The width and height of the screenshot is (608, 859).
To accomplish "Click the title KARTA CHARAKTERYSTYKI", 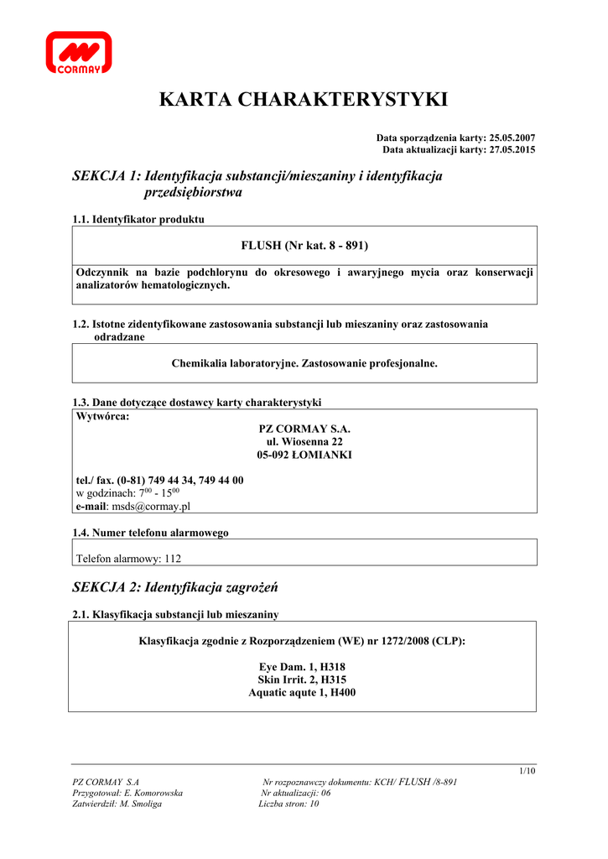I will pos(304,100).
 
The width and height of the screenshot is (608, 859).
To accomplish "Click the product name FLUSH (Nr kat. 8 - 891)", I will pos(304,245).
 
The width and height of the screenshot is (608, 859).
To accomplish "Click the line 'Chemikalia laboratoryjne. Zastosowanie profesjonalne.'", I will pos(304,363).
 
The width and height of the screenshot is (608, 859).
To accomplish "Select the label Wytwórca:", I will pos(102,416).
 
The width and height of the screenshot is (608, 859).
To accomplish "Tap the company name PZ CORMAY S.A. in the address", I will pos(304,428).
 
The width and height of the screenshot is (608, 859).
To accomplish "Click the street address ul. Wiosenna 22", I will pos(304,441).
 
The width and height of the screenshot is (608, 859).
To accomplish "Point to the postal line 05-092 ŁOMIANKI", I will pos(304,455).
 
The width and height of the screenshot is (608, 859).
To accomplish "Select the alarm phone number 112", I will pos(172,558).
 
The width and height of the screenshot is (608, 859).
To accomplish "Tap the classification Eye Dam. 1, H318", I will pos(304,666).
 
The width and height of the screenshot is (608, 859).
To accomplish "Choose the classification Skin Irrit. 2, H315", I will pos(304,679).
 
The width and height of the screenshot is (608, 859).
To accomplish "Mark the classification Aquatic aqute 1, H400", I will pos(304,692).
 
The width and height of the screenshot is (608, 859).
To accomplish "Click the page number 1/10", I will pos(527,771).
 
